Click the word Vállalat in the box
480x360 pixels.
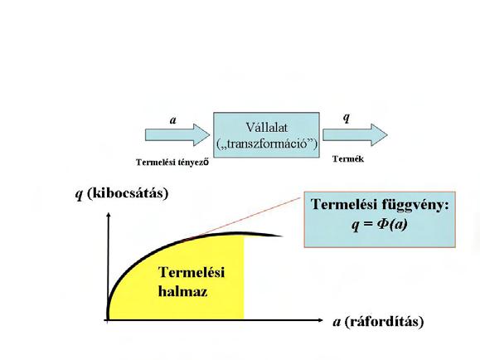click(x=267, y=127)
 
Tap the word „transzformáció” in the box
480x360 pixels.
click(x=267, y=144)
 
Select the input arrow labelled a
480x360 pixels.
click(x=177, y=135)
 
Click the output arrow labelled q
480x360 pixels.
click(x=355, y=135)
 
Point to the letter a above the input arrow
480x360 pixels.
click(x=173, y=120)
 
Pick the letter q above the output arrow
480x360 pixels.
click(x=347, y=117)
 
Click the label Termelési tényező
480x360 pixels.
click(x=172, y=162)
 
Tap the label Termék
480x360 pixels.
click(x=348, y=158)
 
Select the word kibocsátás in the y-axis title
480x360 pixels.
click(x=128, y=193)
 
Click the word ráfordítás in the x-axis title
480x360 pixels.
click(x=384, y=322)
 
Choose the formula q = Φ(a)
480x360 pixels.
click(x=380, y=225)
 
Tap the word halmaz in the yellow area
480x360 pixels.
click(x=182, y=291)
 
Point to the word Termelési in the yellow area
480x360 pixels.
click(x=192, y=272)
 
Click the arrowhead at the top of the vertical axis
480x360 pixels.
click(x=108, y=214)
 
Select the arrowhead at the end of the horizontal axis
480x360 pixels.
click(x=320, y=320)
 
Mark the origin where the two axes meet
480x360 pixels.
click(x=108, y=320)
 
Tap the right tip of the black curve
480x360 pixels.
click(x=281, y=236)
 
